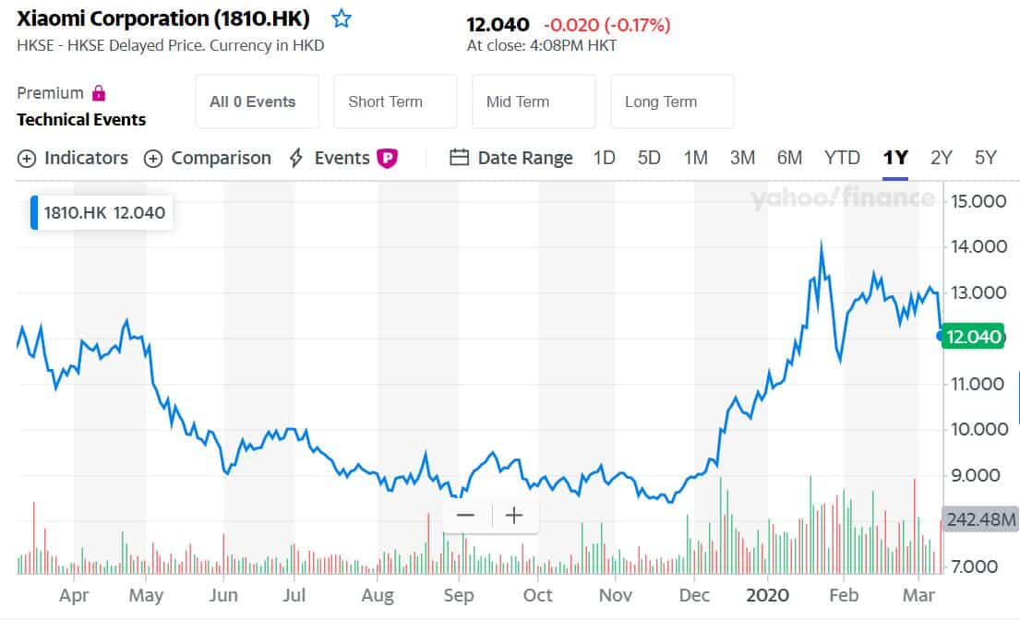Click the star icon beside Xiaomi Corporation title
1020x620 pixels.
pyautogui.click(x=342, y=18)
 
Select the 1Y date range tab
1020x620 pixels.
pyautogui.click(x=894, y=158)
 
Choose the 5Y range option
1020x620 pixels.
pyautogui.click(x=985, y=158)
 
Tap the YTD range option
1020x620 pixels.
pyautogui.click(x=842, y=158)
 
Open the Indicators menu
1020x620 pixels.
pyautogui.click(x=73, y=158)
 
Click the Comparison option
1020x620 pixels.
pyautogui.click(x=208, y=158)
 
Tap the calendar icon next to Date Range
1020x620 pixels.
pyautogui.click(x=459, y=158)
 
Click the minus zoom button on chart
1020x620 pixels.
pyautogui.click(x=465, y=515)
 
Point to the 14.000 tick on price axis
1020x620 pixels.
pyautogui.click(x=978, y=246)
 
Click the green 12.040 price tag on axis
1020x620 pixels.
pyautogui.click(x=974, y=337)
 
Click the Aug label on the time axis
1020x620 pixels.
pyautogui.click(x=378, y=595)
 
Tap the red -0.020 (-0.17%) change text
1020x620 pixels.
pyautogui.click(x=606, y=25)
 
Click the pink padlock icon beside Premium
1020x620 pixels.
pyautogui.click(x=99, y=93)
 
